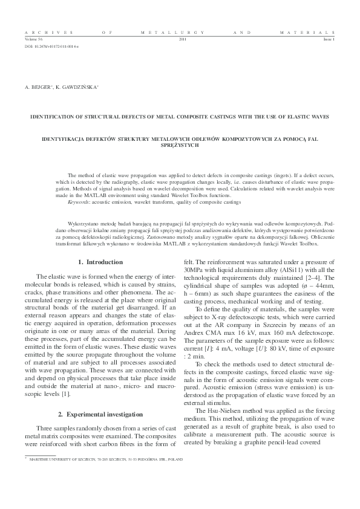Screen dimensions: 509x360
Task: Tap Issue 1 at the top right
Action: click(329, 38)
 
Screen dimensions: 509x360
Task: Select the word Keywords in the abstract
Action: click(79, 201)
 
